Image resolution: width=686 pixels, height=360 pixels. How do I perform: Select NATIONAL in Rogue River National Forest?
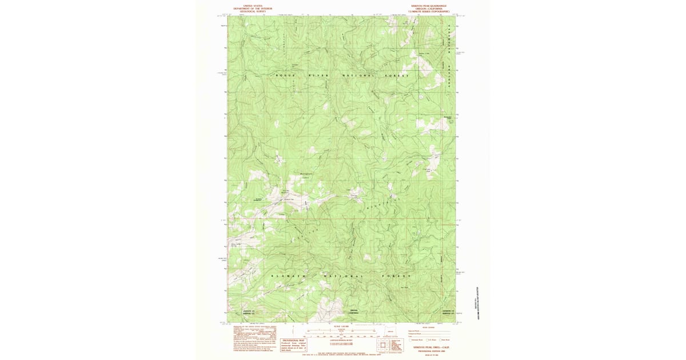click(358, 76)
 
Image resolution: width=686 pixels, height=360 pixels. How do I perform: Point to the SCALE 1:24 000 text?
click(342, 327)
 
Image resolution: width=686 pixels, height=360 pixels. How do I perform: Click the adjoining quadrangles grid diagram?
click(382, 346)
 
